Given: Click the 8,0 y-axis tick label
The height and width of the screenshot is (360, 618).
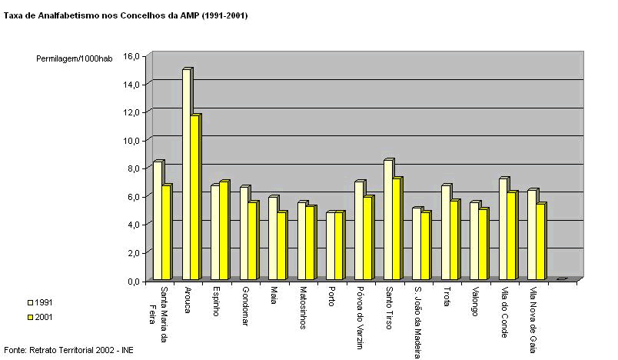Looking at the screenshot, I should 132,168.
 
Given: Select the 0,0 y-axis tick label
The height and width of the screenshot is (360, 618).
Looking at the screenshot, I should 132,282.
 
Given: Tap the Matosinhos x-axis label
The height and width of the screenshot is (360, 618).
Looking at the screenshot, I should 302,308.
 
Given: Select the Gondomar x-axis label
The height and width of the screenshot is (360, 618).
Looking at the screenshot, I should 244,306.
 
